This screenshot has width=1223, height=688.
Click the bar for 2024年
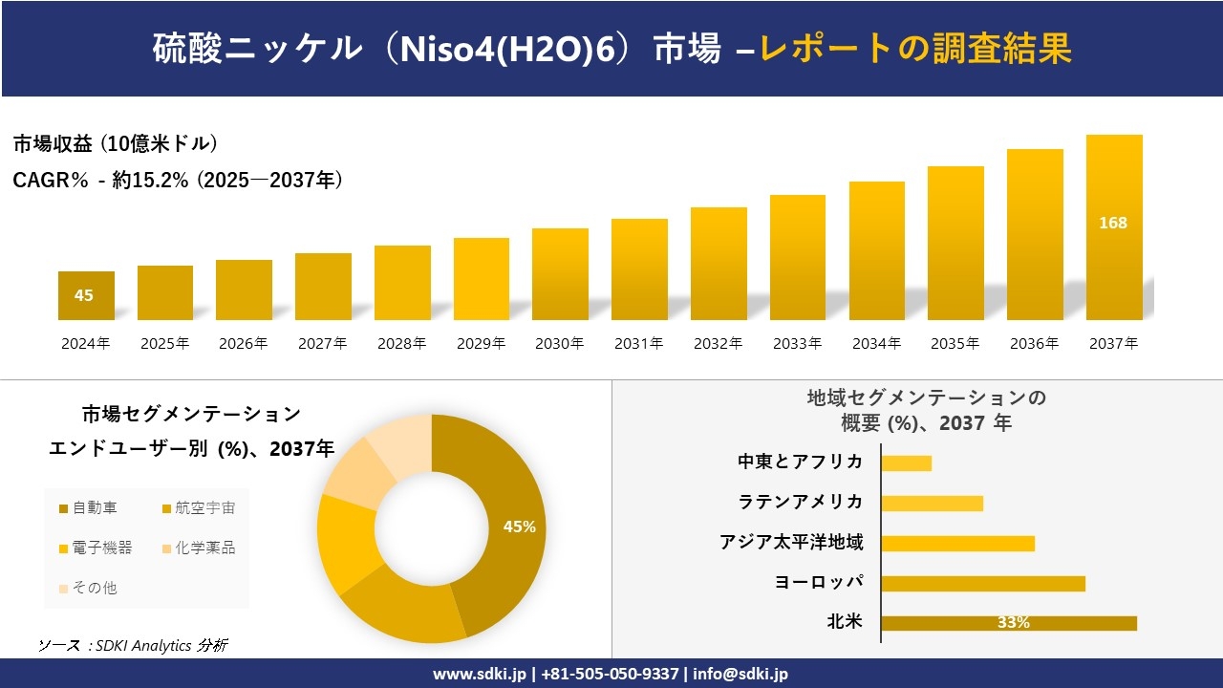coord(86,295)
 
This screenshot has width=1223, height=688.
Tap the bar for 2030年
coord(560,274)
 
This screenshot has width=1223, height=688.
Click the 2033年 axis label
coord(797,344)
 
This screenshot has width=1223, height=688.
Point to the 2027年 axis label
coord(323,344)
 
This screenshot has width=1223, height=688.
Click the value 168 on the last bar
coord(1113,223)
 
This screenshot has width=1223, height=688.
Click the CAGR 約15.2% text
coord(178,180)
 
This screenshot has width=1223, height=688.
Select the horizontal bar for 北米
coord(1008,623)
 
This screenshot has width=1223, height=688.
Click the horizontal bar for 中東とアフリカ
coord(906,462)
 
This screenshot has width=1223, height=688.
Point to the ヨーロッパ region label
coord(819,583)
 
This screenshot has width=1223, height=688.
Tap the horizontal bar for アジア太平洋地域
coord(957,543)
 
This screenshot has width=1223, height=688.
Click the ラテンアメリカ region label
coord(801,503)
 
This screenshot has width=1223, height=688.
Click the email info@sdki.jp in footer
coord(741,674)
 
